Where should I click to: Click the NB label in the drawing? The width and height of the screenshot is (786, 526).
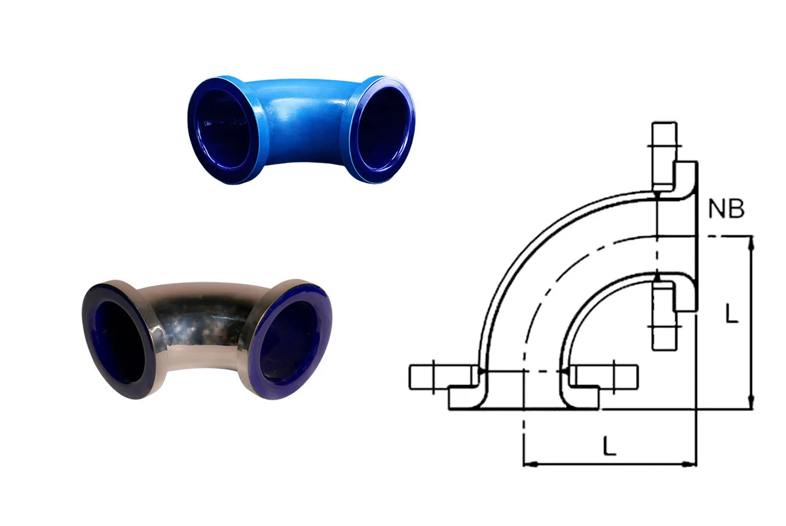coord(726,210)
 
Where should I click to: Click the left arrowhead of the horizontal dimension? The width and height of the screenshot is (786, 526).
coord(529,464)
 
